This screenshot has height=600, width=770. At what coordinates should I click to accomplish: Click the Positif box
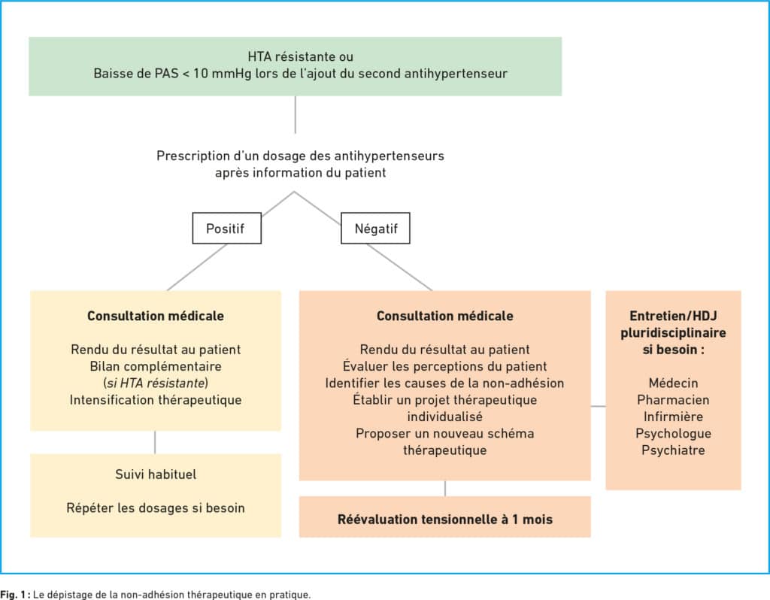pos(227,229)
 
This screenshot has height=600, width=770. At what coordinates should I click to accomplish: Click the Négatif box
pos(376,229)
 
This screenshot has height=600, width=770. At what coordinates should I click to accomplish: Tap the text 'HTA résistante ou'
pos(301,56)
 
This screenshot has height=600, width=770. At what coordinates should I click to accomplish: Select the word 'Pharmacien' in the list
pos(673,400)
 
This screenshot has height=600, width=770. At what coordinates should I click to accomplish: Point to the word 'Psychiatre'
pos(673,450)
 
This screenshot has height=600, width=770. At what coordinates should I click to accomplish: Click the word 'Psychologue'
pos(673,434)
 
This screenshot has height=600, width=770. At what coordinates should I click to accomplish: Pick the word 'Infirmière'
pos(673,417)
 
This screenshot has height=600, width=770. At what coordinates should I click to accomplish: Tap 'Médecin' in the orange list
pos(673,383)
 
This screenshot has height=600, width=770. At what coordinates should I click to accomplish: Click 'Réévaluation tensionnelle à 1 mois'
pos(445,520)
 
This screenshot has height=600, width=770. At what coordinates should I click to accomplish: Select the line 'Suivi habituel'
pos(156,474)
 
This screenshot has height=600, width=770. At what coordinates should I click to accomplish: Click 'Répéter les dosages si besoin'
pos(156,508)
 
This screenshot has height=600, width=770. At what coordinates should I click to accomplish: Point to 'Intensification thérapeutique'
pos(156,400)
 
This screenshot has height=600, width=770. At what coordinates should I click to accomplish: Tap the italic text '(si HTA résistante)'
pos(156,383)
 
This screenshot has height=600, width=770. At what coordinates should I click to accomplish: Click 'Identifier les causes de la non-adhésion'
pos(445,383)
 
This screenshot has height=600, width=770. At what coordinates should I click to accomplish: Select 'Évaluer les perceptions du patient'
pos(445,366)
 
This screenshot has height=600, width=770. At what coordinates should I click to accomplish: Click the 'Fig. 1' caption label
pos(15,595)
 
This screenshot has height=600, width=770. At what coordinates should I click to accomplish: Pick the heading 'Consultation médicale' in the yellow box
pos(156,316)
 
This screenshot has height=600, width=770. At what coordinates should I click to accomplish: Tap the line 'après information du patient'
pos(301,173)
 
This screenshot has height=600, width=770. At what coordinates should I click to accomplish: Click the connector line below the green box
pos(295,114)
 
